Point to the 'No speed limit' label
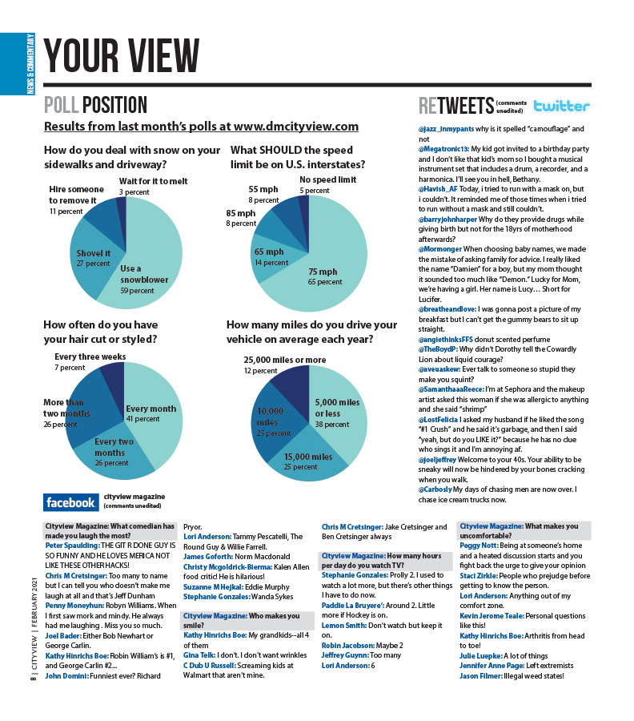coord(327,180)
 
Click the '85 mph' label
coord(241,214)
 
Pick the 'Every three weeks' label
coord(90,356)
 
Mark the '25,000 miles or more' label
coord(284,360)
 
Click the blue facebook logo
coord(70,502)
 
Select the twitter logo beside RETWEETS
coord(561,107)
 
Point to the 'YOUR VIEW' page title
coord(122,54)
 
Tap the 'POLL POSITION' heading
coord(95,105)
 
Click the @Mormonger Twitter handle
coord(439,249)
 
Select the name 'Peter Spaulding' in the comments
coord(72,545)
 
